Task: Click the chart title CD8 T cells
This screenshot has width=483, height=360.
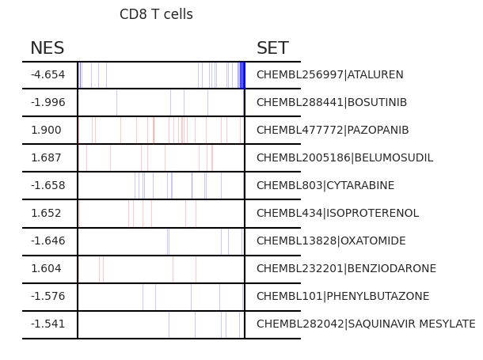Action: [x=156, y=14]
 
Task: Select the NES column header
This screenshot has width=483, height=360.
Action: [x=48, y=48]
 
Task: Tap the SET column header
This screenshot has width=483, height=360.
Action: [x=272, y=48]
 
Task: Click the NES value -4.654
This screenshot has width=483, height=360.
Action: [x=48, y=74]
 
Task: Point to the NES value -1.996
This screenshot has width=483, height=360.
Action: [x=48, y=102]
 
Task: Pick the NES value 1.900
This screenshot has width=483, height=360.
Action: [x=46, y=130]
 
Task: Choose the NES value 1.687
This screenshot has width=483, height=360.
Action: [x=46, y=157]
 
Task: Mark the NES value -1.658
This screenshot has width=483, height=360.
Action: [x=48, y=185]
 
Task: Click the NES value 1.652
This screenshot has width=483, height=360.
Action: [x=46, y=213]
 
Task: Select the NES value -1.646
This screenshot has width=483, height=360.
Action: [x=48, y=241]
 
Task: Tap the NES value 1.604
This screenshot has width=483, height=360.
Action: [x=46, y=268]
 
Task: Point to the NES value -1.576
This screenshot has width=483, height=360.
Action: [x=48, y=296]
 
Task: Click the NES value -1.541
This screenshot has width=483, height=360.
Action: [x=48, y=324]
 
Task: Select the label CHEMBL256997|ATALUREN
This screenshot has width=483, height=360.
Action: [x=330, y=74]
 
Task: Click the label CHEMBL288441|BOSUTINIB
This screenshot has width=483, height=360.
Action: [x=332, y=102]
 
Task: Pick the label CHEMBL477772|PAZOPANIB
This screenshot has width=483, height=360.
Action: [x=333, y=130]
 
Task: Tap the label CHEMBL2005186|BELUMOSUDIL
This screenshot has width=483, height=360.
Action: [x=345, y=157]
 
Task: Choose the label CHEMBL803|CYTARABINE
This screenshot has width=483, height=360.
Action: [x=325, y=185]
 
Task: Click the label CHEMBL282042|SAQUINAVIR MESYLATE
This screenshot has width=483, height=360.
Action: [x=366, y=324]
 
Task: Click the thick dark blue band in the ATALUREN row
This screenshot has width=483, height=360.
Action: [x=242, y=75]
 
